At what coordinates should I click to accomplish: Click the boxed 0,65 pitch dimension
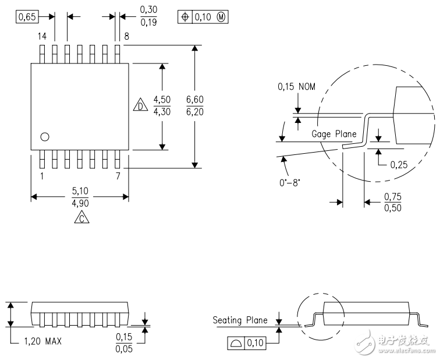click(x=27, y=16)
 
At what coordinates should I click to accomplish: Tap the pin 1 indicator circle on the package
click(x=45, y=137)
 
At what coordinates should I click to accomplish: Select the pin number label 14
click(x=42, y=36)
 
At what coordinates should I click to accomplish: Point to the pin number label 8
click(x=126, y=36)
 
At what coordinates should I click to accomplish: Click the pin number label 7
click(x=118, y=176)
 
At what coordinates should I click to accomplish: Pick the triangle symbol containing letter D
click(x=141, y=104)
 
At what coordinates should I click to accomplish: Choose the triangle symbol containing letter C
click(x=81, y=218)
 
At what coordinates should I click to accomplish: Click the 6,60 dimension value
click(x=195, y=100)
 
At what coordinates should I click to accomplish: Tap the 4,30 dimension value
click(x=162, y=111)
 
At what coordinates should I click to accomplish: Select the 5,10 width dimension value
click(x=80, y=191)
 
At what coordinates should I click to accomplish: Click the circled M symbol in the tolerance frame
click(x=221, y=17)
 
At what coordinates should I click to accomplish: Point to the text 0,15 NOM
click(x=296, y=86)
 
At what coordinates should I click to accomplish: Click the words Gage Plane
click(x=334, y=134)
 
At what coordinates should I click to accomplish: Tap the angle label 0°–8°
click(x=290, y=183)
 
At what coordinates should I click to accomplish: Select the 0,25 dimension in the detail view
click(x=399, y=164)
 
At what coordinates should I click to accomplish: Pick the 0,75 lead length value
click(x=393, y=196)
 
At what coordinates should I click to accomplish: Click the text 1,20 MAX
click(x=42, y=341)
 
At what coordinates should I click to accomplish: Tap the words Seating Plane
click(x=240, y=320)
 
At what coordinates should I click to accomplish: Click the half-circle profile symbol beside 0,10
click(x=236, y=343)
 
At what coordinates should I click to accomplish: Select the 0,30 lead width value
click(x=148, y=9)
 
